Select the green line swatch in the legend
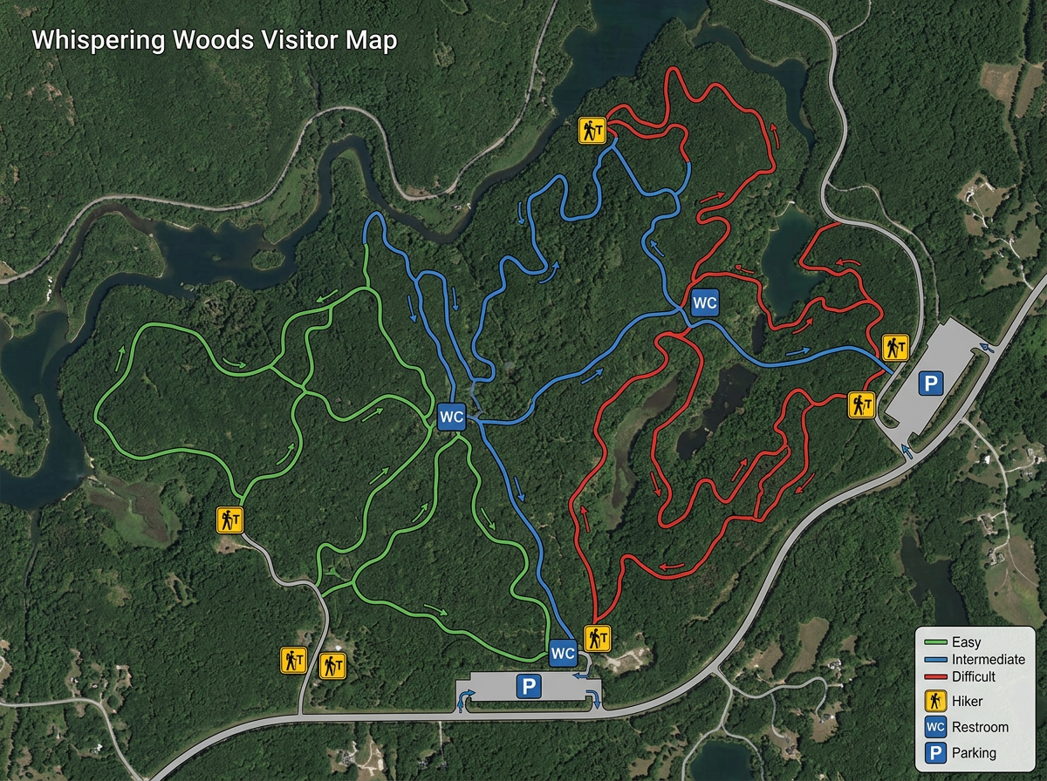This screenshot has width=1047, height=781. [x=936, y=643]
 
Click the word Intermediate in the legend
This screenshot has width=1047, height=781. [x=989, y=660]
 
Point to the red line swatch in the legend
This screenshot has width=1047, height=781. [x=936, y=676]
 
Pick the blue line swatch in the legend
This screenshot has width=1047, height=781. [x=936, y=660]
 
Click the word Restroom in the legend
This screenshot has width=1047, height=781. [x=981, y=727]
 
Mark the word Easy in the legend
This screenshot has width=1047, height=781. [x=967, y=643]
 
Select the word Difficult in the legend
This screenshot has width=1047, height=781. [x=975, y=676]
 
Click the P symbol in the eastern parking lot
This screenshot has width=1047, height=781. [x=931, y=383]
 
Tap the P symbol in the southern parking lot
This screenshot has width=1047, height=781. [x=527, y=687]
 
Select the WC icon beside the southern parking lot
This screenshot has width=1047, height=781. [x=563, y=652]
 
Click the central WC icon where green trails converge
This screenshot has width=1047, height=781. [x=451, y=417]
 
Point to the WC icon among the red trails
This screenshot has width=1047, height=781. [x=704, y=303]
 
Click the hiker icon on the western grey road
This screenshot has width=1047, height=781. [x=229, y=520]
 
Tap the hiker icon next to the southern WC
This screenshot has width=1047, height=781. [x=597, y=639]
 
